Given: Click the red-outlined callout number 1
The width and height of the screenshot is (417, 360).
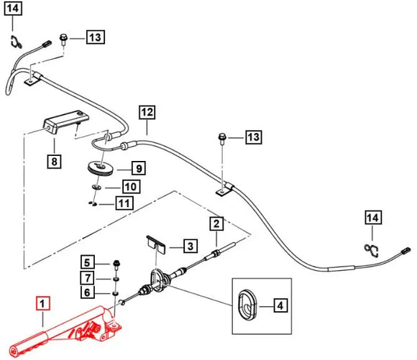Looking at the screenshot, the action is [x=42, y=303].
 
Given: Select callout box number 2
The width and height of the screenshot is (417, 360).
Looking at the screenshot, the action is [x=216, y=223].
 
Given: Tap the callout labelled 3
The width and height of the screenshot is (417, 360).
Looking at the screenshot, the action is [x=191, y=246].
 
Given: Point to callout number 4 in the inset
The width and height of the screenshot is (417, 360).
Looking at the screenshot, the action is [x=280, y=306].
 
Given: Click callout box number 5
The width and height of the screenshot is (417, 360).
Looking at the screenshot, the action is [x=88, y=263].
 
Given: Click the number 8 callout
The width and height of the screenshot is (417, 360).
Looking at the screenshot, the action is [x=54, y=161].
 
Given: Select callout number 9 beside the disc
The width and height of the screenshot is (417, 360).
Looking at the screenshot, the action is [x=139, y=168].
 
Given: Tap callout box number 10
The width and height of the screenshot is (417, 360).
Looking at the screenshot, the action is [x=131, y=187].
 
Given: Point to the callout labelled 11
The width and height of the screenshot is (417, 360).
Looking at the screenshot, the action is [x=124, y=203].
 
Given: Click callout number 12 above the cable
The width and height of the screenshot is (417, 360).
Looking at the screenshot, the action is [x=147, y=112].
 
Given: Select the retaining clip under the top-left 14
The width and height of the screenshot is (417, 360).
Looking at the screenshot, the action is [x=16, y=42].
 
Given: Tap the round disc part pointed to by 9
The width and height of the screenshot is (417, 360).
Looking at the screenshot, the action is [x=101, y=168].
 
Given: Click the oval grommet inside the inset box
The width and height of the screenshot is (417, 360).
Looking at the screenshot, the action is [x=247, y=305].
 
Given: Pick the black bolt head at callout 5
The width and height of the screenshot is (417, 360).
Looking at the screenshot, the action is [x=116, y=264].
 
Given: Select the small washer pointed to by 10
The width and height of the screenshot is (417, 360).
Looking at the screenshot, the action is [x=97, y=187].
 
